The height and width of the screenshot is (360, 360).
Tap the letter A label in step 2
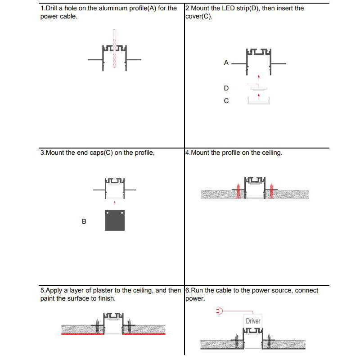tap(226, 63)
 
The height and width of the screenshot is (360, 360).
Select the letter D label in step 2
tap(226, 88)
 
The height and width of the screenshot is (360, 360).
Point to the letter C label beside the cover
tap(226, 101)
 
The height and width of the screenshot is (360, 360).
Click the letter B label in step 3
tap(84, 221)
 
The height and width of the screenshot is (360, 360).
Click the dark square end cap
tap(115, 220)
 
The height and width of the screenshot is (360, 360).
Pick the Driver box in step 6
tap(253, 321)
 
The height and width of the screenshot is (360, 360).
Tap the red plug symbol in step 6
tap(220, 310)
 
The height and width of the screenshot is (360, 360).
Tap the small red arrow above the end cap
tap(115, 202)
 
